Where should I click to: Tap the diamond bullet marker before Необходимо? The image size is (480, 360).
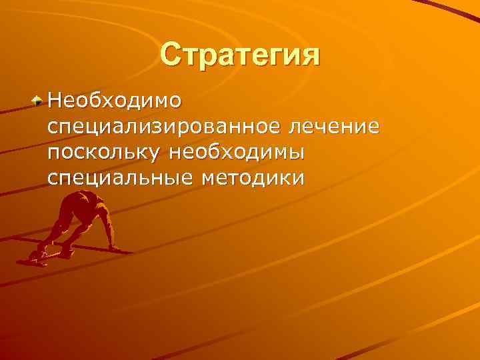point(39,101)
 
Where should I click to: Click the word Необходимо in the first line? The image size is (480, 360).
point(114,101)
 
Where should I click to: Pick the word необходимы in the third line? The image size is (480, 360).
point(237,153)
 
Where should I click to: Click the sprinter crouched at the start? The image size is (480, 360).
point(77,223)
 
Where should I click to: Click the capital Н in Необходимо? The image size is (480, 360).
point(54,101)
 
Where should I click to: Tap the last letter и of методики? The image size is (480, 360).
point(299,178)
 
